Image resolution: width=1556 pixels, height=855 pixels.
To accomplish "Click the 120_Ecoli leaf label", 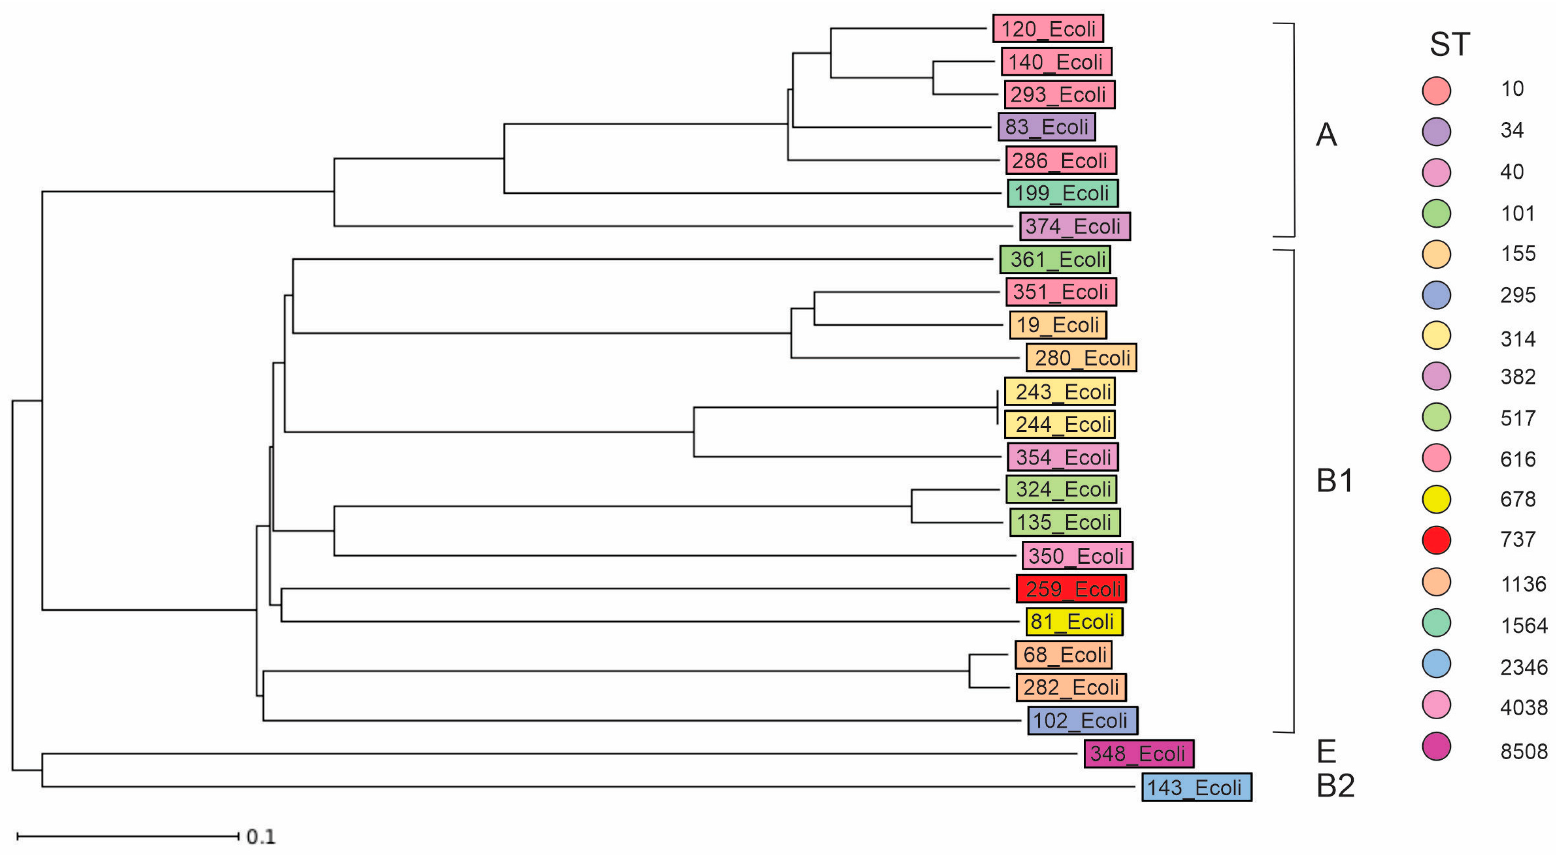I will point(1048,29).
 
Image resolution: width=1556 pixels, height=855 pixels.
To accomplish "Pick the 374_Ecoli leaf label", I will point(1075,226).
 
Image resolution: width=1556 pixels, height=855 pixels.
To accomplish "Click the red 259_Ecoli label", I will point(1071,589).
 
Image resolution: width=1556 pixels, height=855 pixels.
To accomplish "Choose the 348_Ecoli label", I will point(1139,754).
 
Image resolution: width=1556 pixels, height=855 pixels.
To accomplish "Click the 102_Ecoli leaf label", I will point(1082,721).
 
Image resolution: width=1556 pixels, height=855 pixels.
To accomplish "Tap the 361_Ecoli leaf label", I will point(1055,260).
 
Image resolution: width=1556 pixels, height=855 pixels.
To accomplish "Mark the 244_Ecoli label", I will point(1060,424).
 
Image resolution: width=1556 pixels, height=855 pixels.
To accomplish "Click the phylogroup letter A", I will point(1326,134).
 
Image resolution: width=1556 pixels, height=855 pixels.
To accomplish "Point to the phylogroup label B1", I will point(1335,481).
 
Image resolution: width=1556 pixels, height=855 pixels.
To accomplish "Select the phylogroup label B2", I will point(1335,786).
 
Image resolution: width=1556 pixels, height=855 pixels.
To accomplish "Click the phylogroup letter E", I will point(1326,752).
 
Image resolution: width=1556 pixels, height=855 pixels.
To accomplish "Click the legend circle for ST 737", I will point(1436,540).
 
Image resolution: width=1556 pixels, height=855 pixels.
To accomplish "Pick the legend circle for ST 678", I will point(1436,500).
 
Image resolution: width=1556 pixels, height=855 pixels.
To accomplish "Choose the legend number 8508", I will point(1523,751).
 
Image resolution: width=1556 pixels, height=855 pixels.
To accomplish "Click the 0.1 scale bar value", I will point(261,836).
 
